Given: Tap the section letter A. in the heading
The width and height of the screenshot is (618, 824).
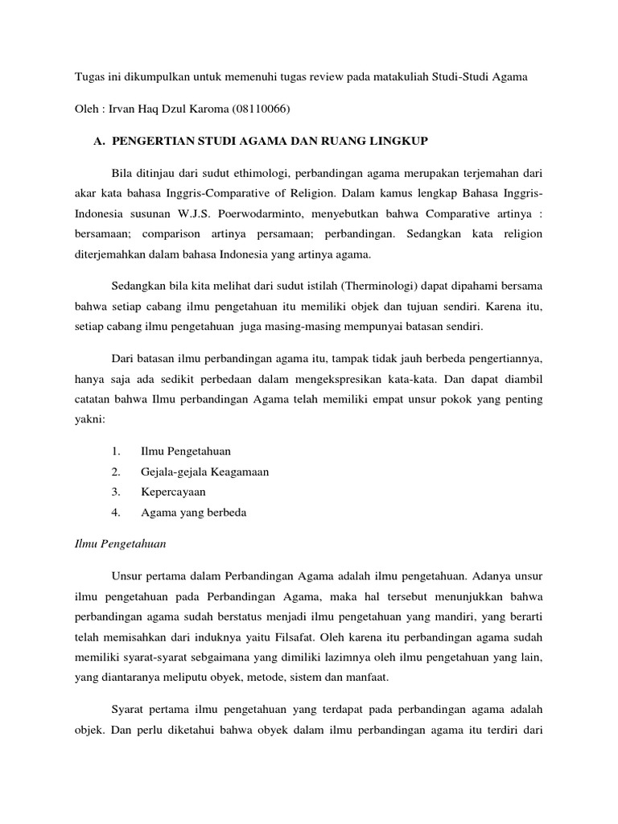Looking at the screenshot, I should [100, 142].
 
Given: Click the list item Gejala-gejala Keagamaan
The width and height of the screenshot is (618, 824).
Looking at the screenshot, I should [204, 472].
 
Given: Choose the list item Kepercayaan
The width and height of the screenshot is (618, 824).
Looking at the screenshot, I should [173, 492].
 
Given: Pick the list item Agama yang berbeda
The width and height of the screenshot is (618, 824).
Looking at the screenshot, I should [193, 513].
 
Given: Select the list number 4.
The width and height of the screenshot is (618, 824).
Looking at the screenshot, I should [116, 513].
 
